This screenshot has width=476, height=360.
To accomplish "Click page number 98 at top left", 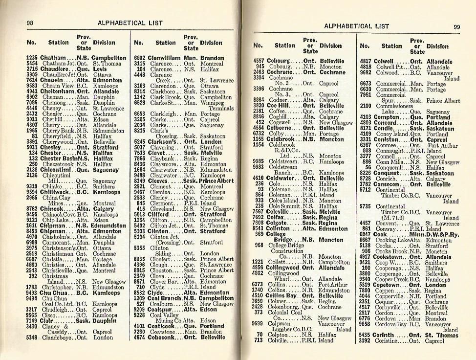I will [30, 23].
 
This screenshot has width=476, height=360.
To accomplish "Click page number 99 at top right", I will [456, 27].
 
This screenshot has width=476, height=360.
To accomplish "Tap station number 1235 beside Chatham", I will [32, 58].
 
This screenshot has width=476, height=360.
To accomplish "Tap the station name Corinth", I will [386, 336].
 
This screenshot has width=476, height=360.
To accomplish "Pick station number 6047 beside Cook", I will [366, 235].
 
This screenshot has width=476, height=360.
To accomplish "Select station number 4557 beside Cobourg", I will [259, 61].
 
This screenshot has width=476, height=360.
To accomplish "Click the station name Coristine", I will [390, 341].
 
